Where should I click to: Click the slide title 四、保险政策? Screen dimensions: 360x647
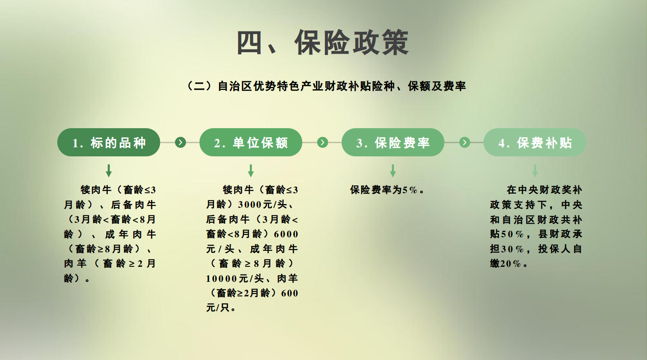coord(323,43)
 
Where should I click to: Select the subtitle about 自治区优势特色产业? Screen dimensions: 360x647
coord(327,86)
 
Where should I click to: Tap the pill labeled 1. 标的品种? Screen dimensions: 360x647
coord(109,143)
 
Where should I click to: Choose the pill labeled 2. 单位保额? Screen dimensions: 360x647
coord(251,143)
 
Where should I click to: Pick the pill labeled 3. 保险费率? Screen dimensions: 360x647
coord(393,143)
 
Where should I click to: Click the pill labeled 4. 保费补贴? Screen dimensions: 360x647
coord(535,143)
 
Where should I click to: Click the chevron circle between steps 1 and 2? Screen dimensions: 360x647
coord(180,143)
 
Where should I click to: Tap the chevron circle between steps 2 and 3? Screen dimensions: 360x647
coord(323,143)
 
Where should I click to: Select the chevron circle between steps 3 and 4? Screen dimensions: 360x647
coord(464,143)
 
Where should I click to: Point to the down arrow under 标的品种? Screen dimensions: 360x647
coord(109,171)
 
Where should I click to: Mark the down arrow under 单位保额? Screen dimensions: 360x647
coord(251,171)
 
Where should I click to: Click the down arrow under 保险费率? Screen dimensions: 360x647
coord(393,171)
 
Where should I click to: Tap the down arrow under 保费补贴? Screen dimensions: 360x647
coord(535,171)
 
